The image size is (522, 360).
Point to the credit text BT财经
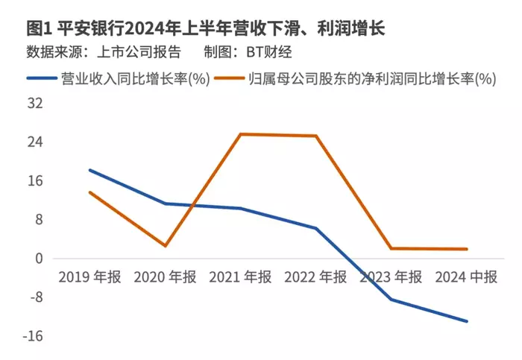click(x=265, y=52)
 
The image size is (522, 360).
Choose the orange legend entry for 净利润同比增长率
click(x=372, y=78)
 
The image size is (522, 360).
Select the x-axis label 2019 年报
click(x=90, y=277)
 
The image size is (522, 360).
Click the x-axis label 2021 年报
click(x=240, y=277)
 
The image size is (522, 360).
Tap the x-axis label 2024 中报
click(x=466, y=277)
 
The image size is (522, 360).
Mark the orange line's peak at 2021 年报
click(x=240, y=134)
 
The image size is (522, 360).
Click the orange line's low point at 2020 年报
click(x=165, y=246)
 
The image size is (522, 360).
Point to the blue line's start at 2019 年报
click(x=89, y=170)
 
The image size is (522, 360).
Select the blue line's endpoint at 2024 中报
click(x=467, y=321)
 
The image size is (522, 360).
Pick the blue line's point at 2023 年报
click(x=391, y=300)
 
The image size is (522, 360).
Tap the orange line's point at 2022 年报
click(x=316, y=136)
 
